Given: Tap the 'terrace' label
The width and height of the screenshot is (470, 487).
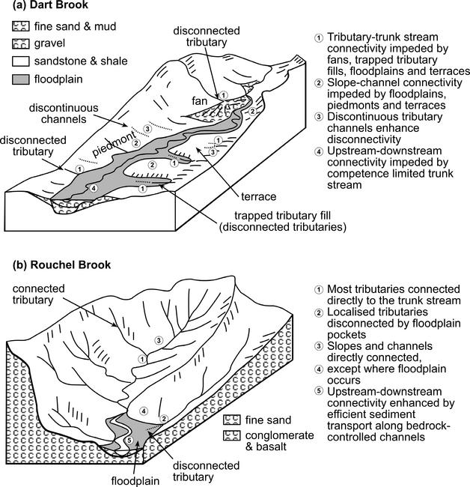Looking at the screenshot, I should coord(259,196).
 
